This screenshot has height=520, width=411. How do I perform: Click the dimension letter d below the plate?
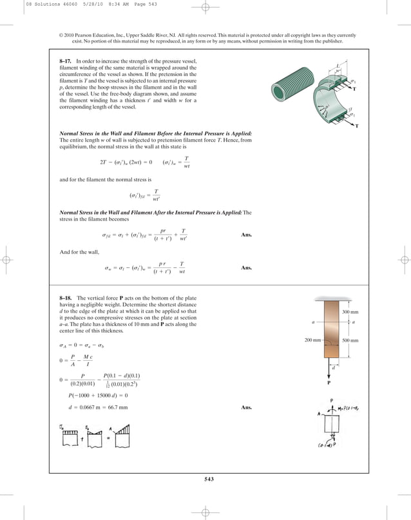333,368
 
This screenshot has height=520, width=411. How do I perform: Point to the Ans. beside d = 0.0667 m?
246,408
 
